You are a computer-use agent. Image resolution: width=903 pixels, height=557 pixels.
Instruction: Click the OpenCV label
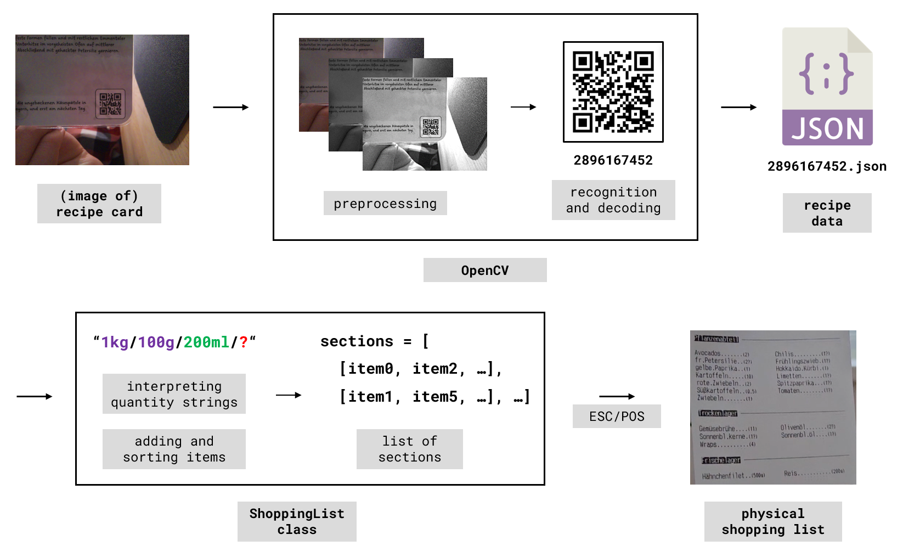click(485, 270)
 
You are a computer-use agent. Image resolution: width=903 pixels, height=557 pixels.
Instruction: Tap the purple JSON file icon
click(827, 87)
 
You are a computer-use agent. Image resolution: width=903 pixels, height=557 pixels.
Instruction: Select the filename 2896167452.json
click(827, 166)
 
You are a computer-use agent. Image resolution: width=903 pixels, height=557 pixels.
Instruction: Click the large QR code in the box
click(613, 92)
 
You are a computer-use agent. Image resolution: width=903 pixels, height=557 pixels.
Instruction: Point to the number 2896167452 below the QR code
click(613, 160)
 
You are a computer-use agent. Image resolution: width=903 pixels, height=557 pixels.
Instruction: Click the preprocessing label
click(385, 204)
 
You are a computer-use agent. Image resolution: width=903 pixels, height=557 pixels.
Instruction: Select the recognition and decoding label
click(613, 200)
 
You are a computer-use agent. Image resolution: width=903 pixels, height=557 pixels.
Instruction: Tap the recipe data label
click(827, 213)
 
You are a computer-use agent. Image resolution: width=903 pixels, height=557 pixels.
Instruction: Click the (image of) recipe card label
click(99, 204)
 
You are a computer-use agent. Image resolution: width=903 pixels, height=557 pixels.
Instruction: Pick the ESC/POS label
click(617, 417)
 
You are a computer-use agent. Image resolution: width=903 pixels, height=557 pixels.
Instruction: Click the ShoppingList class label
click(297, 521)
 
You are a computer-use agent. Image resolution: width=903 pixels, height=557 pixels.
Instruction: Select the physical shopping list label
click(772, 521)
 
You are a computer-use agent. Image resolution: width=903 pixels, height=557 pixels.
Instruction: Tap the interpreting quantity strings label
click(174, 394)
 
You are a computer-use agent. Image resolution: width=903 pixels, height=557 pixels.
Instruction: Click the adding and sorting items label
click(174, 449)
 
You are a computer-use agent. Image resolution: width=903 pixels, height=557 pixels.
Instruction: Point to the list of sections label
click(409, 449)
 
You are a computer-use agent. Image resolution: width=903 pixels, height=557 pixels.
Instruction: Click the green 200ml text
click(206, 342)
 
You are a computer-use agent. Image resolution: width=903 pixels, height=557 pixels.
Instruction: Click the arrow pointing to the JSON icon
click(738, 108)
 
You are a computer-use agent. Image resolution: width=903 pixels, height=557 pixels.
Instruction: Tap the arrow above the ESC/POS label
click(617, 396)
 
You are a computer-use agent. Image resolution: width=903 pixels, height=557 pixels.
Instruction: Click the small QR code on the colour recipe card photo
click(110, 104)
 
